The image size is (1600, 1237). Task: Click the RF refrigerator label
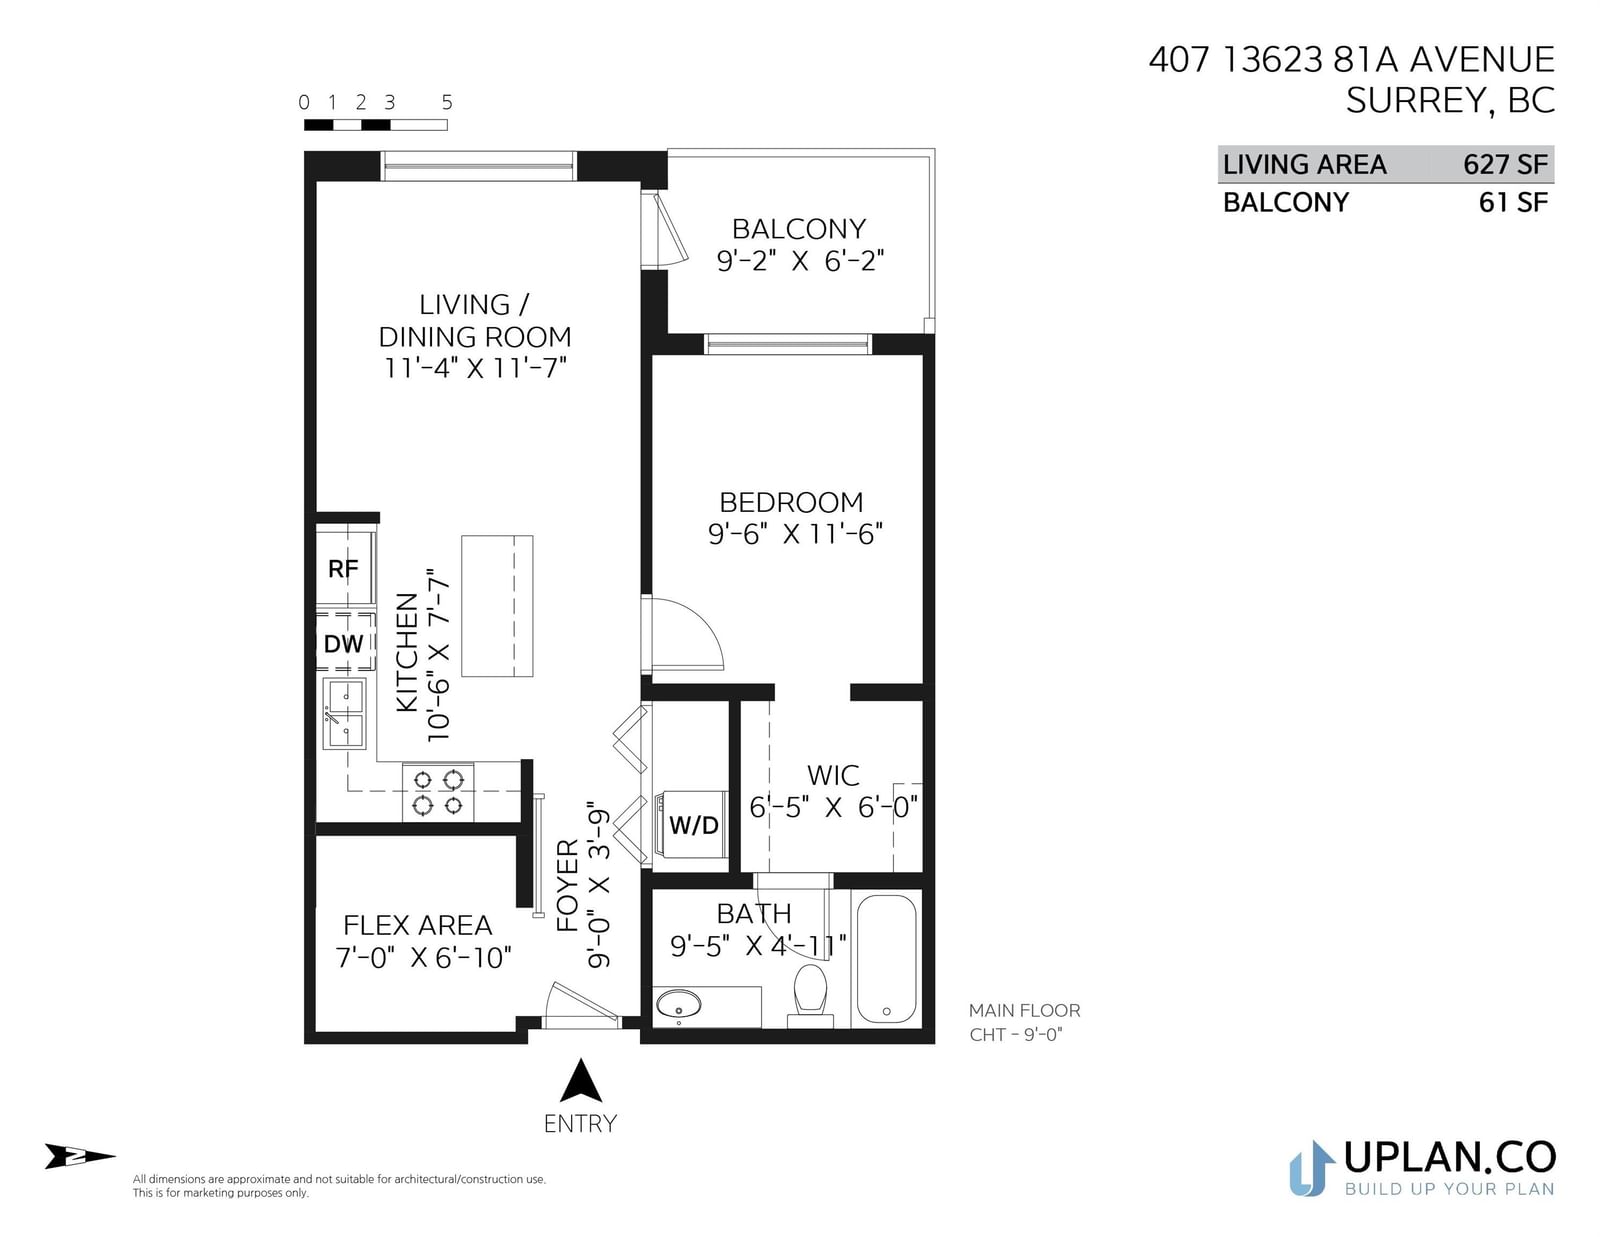pos(343,568)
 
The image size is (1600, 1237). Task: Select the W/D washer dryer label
pos(693,825)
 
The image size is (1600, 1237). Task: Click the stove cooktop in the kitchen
pos(438,792)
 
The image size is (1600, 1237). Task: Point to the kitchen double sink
pos(345,714)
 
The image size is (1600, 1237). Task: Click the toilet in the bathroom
pos(810,995)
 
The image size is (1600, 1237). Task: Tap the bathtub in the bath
pos(887,959)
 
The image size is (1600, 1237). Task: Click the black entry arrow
pos(581,1080)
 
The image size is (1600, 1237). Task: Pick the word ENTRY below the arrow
pos(580,1124)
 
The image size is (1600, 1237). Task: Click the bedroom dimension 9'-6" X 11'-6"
pos(795,534)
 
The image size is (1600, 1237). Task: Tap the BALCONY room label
pos(799,229)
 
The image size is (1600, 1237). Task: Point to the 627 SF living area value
pos(1506,164)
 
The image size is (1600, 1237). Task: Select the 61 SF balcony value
pos(1513,202)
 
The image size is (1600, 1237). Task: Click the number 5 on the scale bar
pos(447,102)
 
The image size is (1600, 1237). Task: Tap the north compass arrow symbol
pos(80,1156)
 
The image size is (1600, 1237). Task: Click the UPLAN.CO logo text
pos(1450,1157)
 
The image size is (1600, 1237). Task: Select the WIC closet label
pos(833,775)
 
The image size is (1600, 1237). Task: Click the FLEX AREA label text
pos(417,925)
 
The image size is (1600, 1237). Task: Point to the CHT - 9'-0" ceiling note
pos(1015,1035)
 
